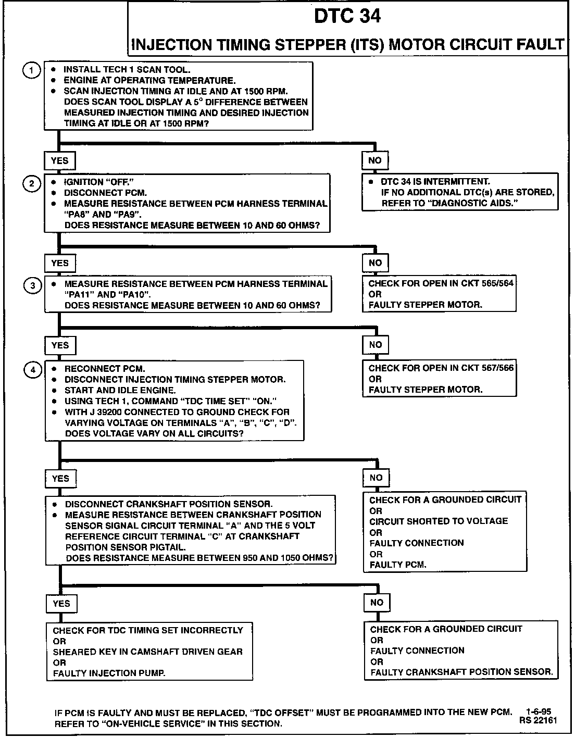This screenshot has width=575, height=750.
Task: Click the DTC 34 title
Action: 347,17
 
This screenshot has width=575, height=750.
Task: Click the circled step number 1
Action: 32,70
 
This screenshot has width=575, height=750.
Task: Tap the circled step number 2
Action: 32,183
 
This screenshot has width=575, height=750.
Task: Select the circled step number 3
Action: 33,285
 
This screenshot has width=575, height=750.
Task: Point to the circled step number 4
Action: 33,370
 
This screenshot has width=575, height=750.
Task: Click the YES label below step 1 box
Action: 60,160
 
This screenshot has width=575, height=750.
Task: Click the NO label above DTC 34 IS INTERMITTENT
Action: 375,160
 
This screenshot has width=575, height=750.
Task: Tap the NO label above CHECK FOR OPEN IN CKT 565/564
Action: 376,263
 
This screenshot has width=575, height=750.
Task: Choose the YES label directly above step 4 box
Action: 60,345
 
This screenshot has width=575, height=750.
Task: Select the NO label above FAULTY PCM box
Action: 376,478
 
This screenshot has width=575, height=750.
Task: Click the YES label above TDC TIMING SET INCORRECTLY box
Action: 61,604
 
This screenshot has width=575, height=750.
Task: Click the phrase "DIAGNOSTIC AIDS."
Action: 470,203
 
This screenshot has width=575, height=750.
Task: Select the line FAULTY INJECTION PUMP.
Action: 109,673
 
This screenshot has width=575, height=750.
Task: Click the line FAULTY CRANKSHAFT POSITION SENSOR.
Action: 461,672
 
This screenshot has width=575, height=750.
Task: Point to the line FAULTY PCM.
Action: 398,565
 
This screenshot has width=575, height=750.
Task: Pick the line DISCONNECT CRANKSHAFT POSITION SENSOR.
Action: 169,504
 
